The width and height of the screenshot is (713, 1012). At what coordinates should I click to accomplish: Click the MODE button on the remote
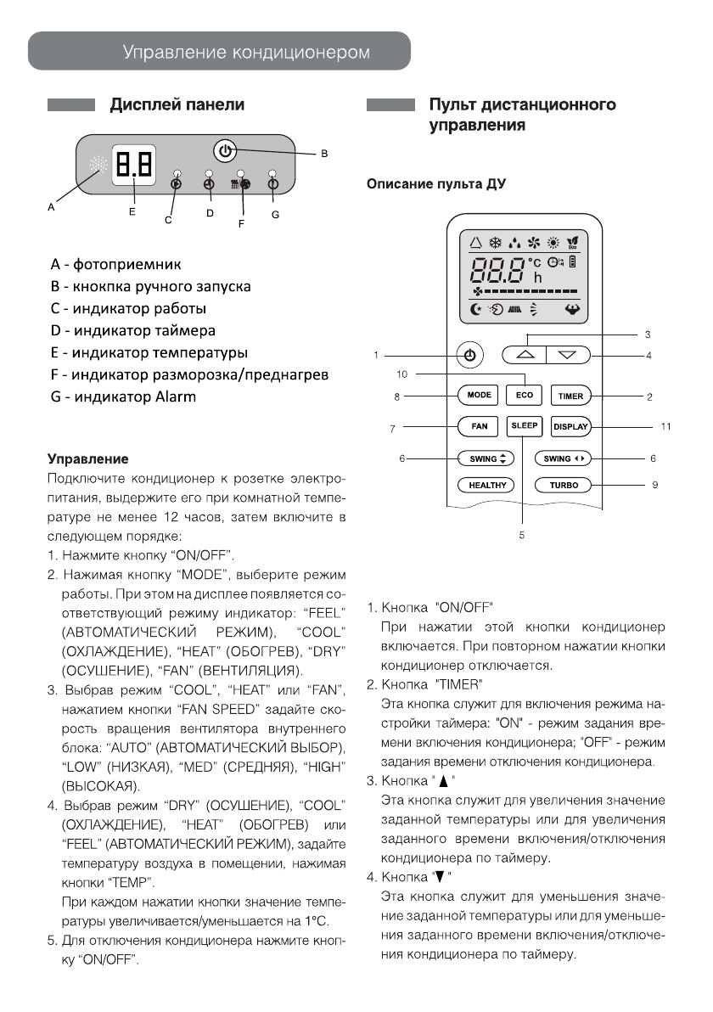pos(480,396)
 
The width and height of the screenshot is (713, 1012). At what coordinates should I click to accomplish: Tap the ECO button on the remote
pos(524,396)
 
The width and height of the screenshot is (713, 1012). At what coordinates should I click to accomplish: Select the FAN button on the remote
pos(480,426)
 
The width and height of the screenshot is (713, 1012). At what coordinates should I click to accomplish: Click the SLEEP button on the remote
pos(524,425)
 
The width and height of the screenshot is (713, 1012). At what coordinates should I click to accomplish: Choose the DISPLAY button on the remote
pos(570,427)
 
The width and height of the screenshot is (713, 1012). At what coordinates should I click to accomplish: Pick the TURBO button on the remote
pos(564,486)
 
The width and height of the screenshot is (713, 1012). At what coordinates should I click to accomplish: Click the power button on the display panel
pos(224,151)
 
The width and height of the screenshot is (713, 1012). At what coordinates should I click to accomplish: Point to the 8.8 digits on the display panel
pos(134,162)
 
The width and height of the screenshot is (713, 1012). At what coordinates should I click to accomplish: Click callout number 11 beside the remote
pos(665,426)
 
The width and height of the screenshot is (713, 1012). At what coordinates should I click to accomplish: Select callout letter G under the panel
pos(275,215)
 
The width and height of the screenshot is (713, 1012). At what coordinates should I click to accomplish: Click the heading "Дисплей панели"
pos(177,105)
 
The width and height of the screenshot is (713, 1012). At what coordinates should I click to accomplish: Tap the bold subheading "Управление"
pos(87,459)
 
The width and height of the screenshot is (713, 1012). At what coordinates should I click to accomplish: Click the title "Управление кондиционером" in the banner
pos(246,53)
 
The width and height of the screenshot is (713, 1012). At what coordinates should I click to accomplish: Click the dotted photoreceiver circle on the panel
pos(98,167)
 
